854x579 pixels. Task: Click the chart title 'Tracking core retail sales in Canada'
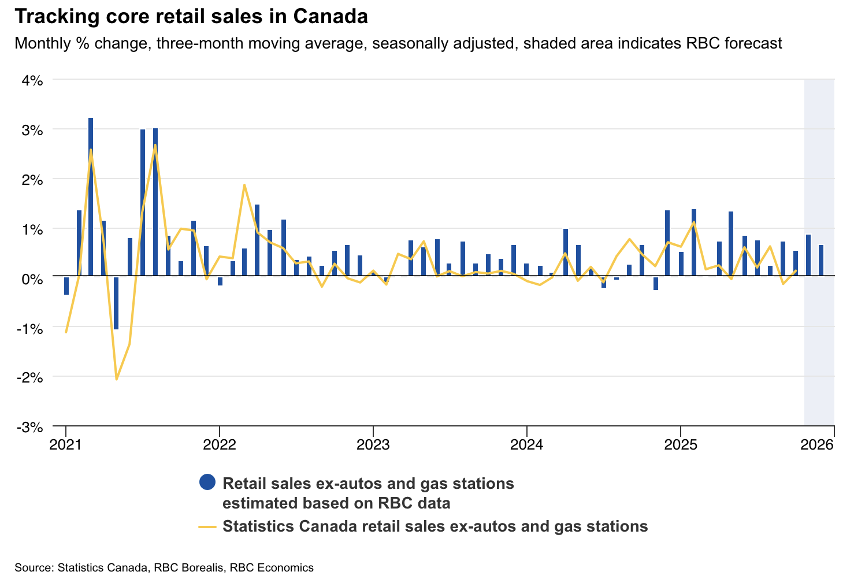pyautogui.click(x=191, y=17)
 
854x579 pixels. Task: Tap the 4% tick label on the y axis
pyautogui.click(x=32, y=80)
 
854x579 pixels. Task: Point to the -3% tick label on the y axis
pyautogui.click(x=30, y=428)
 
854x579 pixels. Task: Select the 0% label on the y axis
pyautogui.click(x=32, y=279)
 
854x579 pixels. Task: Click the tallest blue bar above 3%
pyautogui.click(x=91, y=196)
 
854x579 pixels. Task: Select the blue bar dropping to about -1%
pyautogui.click(x=116, y=303)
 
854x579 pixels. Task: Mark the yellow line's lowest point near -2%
pyautogui.click(x=117, y=379)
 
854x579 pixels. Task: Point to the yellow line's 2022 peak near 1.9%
pyautogui.click(x=244, y=185)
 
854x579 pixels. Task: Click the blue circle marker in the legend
pyautogui.click(x=207, y=482)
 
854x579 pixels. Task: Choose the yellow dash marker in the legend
pyautogui.click(x=207, y=527)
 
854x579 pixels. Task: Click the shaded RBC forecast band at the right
pyautogui.click(x=819, y=173)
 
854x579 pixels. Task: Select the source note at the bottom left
pyautogui.click(x=164, y=567)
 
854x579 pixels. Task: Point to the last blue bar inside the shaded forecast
pyautogui.click(x=821, y=261)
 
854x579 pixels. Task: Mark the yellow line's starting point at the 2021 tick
pyautogui.click(x=66, y=332)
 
